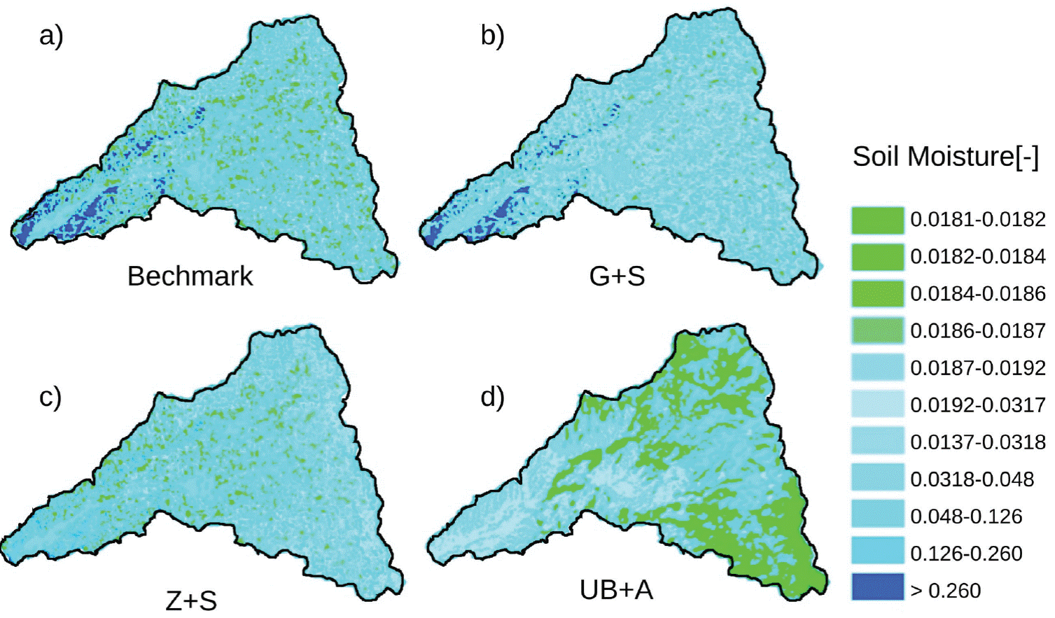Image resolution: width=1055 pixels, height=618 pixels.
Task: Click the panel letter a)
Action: tap(51, 35)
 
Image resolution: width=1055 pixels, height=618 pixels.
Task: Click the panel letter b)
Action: tap(492, 35)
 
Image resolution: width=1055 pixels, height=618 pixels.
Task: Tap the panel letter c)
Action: tap(50, 397)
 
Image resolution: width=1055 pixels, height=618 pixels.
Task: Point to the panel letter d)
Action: tap(492, 397)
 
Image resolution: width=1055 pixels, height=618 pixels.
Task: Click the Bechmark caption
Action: tap(190, 276)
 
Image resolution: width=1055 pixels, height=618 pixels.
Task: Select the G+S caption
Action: tap(617, 276)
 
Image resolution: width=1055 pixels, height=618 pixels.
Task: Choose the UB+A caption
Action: tap(616, 590)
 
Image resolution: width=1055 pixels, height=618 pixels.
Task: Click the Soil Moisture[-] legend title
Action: tap(945, 157)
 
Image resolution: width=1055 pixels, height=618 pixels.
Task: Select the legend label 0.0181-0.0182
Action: tap(977, 220)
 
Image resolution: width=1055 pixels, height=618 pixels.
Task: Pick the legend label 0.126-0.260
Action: tap(966, 554)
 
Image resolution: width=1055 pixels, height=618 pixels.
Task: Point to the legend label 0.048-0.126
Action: tap(966, 517)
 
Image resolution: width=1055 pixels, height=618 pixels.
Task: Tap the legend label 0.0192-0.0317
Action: tap(977, 405)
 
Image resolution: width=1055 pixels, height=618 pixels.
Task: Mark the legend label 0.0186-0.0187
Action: tap(977, 331)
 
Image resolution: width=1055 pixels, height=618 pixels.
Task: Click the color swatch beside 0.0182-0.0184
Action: tap(877, 257)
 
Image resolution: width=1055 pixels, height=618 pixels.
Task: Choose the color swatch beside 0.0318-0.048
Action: tap(877, 479)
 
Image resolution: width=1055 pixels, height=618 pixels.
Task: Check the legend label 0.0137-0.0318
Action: tap(977, 442)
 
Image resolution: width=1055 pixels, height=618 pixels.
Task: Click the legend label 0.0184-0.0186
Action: tap(977, 294)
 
